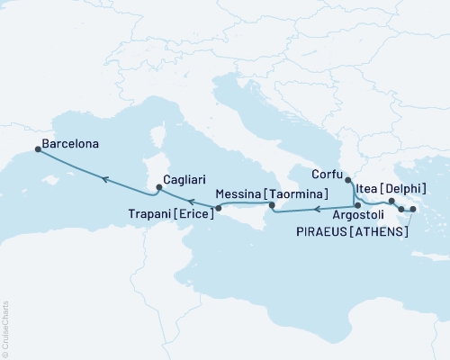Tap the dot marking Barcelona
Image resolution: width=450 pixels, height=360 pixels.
tap(38, 149)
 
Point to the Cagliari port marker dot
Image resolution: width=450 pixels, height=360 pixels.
tap(158, 188)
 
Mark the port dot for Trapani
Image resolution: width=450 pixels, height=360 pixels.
tap(217, 209)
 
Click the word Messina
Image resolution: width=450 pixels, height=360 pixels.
tap(238, 193)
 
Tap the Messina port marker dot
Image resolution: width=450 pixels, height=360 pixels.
tap(268, 207)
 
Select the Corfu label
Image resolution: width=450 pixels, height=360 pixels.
tap(327, 174)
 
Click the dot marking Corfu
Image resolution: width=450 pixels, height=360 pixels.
tap(348, 181)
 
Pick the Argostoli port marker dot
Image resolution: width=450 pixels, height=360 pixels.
tap(357, 206)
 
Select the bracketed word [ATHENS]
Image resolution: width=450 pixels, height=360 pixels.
tap(382, 232)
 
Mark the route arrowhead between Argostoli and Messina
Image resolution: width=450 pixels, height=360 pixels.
tap(317, 211)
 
